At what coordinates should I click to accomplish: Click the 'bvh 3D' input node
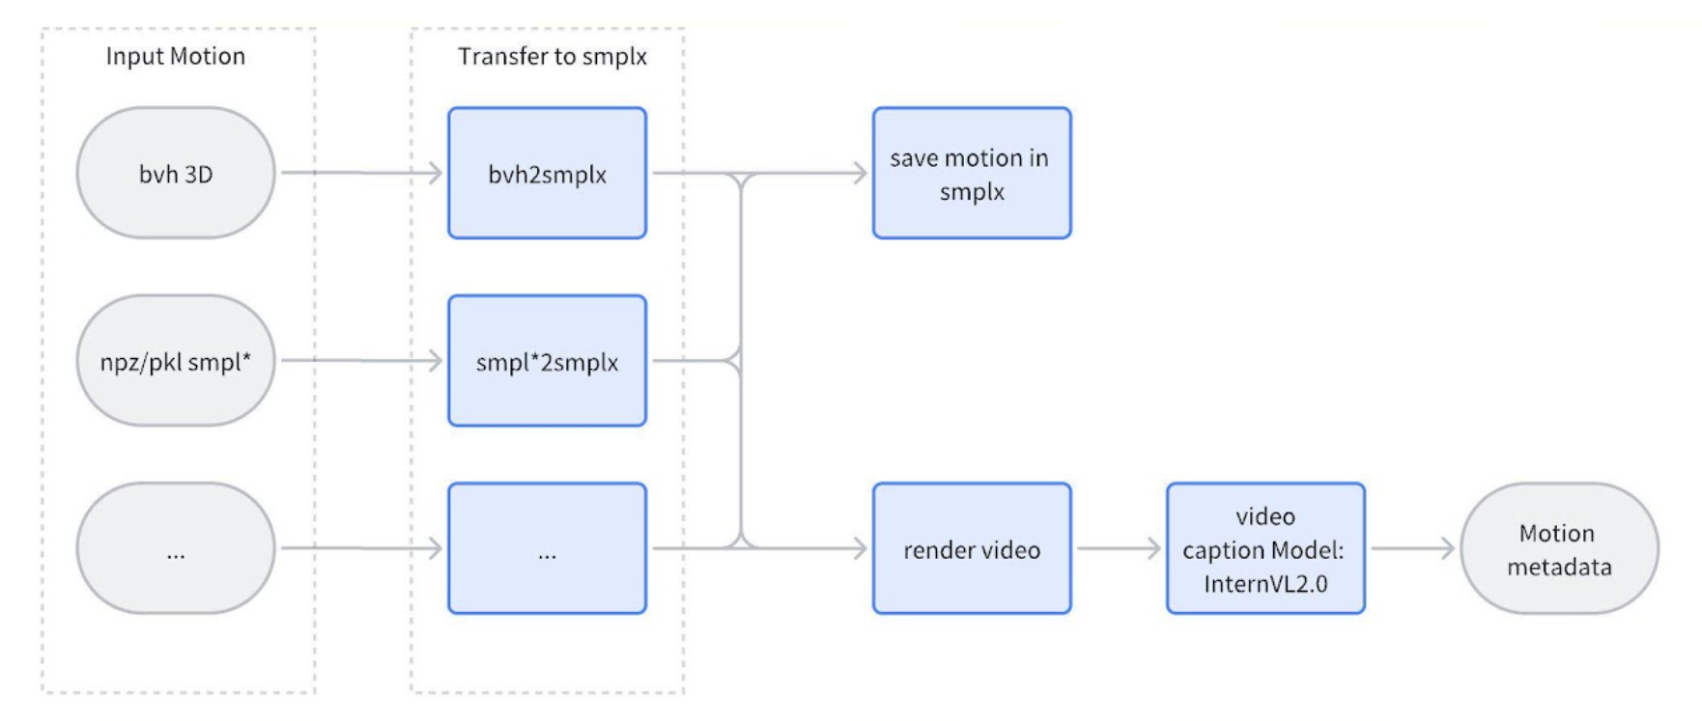pyautogui.click(x=176, y=174)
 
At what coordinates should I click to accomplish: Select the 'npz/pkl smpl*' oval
pyautogui.click(x=176, y=361)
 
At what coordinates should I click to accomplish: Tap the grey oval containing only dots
pyautogui.click(x=176, y=548)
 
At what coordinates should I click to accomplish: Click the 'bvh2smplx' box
pyautogui.click(x=547, y=174)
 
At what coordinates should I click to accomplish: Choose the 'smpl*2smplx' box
pyautogui.click(x=547, y=361)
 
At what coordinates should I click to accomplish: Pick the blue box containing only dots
pyautogui.click(x=547, y=548)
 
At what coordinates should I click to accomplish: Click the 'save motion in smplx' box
pyautogui.click(x=972, y=174)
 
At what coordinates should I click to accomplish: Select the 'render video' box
pyautogui.click(x=972, y=548)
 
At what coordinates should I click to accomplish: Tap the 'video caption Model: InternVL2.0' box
pyautogui.click(x=1265, y=548)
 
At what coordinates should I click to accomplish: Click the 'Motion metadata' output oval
pyautogui.click(x=1559, y=548)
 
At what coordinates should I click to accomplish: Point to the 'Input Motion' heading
pyautogui.click(x=176, y=56)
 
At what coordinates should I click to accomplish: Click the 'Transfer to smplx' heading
pyautogui.click(x=553, y=56)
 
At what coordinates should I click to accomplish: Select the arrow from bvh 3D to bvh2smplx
pyautogui.click(x=361, y=173)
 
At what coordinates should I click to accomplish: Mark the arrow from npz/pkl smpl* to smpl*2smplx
pyautogui.click(x=361, y=361)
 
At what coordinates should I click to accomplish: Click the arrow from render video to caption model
pyautogui.click(x=1119, y=548)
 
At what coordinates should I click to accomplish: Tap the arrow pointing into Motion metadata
pyautogui.click(x=1412, y=548)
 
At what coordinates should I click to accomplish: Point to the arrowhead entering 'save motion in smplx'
pyautogui.click(x=859, y=173)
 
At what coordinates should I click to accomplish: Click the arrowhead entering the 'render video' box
pyautogui.click(x=859, y=548)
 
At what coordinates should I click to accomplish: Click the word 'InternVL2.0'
pyautogui.click(x=1265, y=583)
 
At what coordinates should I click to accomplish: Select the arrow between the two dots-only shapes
pyautogui.click(x=361, y=548)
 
